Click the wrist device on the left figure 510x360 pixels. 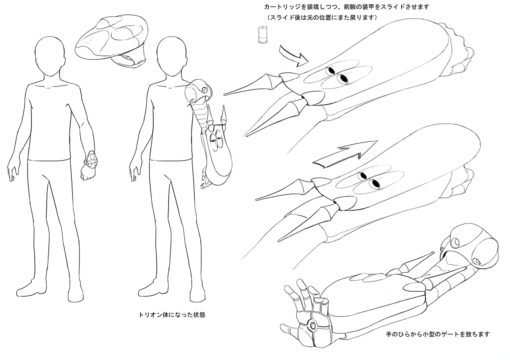(x=92, y=159)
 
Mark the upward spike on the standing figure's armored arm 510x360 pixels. (x=224, y=114)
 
